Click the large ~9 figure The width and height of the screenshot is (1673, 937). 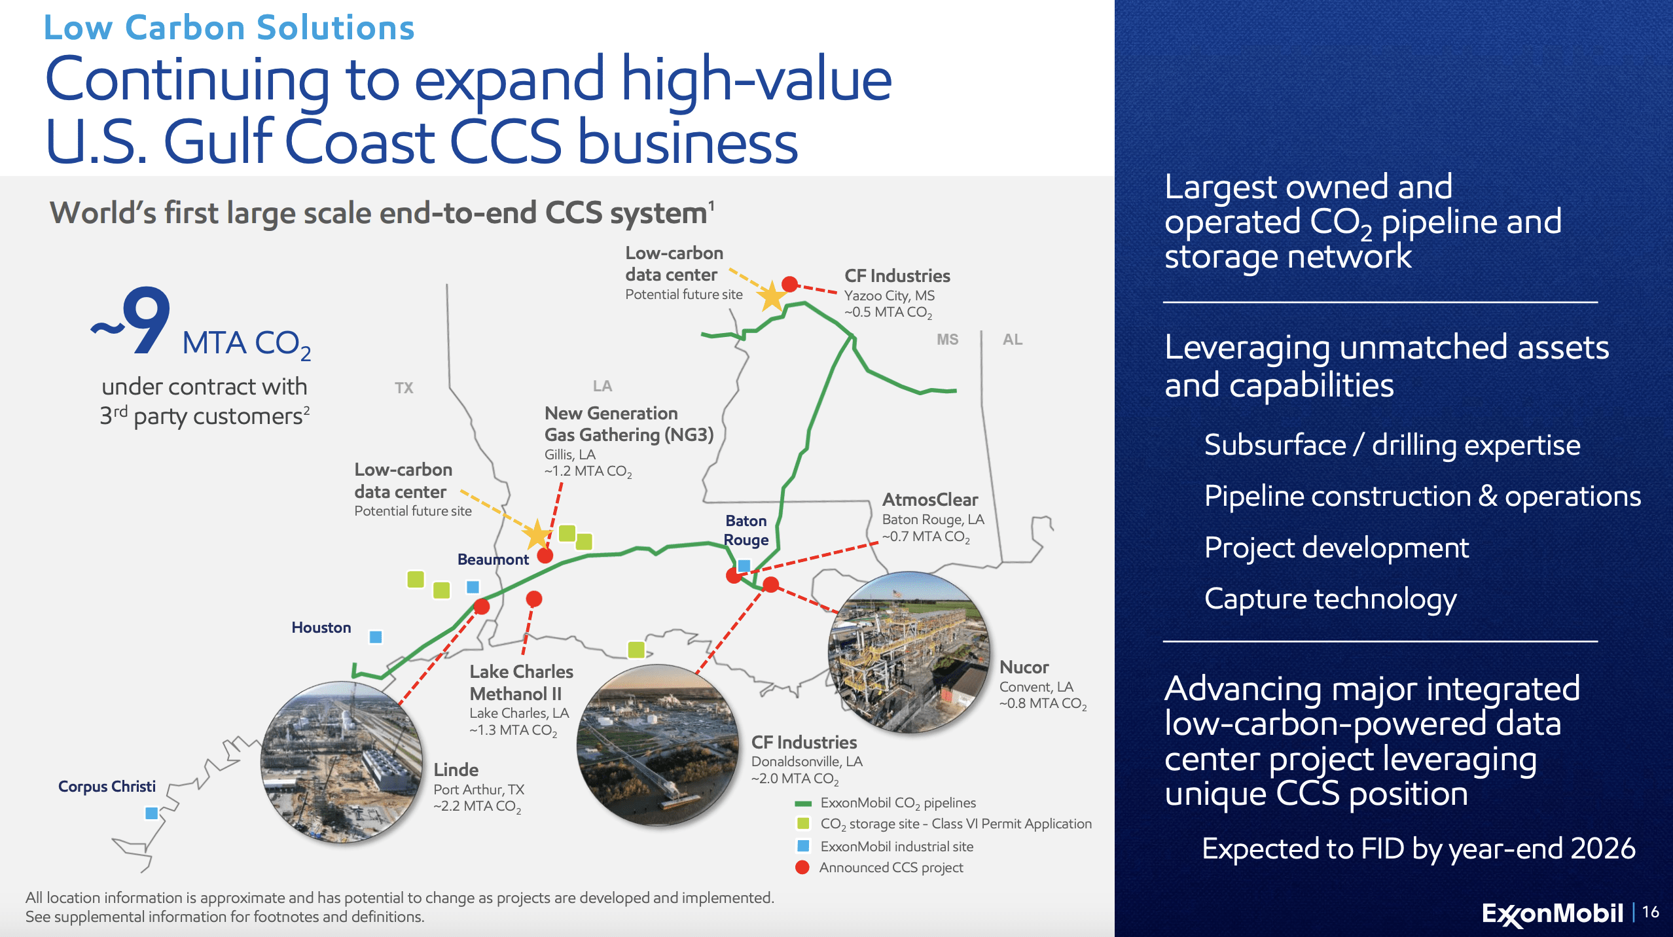pos(131,321)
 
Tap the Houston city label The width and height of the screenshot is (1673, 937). pos(321,628)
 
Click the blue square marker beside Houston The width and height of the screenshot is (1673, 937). pos(376,637)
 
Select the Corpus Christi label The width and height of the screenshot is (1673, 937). pos(107,786)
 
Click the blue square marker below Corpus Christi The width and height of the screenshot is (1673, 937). pos(151,813)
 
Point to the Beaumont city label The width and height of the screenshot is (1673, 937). pos(493,559)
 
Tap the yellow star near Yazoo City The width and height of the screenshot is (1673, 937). pos(772,296)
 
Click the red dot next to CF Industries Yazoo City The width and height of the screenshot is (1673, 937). pos(790,284)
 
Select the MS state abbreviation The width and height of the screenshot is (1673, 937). pos(947,339)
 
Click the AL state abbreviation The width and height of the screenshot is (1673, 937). pos(1013,339)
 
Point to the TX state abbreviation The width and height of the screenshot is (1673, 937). pos(404,388)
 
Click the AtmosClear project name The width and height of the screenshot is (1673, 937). pos(930,500)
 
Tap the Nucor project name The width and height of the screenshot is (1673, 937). pos(1024,667)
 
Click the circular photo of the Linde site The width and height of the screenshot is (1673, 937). pos(342,762)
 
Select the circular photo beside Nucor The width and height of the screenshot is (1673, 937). pos(909,652)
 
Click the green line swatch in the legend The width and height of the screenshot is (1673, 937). pos(803,804)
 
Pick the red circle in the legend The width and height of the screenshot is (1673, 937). pos(802,868)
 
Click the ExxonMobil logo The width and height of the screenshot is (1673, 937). pos(1553,913)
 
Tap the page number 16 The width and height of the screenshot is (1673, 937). pos(1650,912)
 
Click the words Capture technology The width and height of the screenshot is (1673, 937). pos(1331,599)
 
